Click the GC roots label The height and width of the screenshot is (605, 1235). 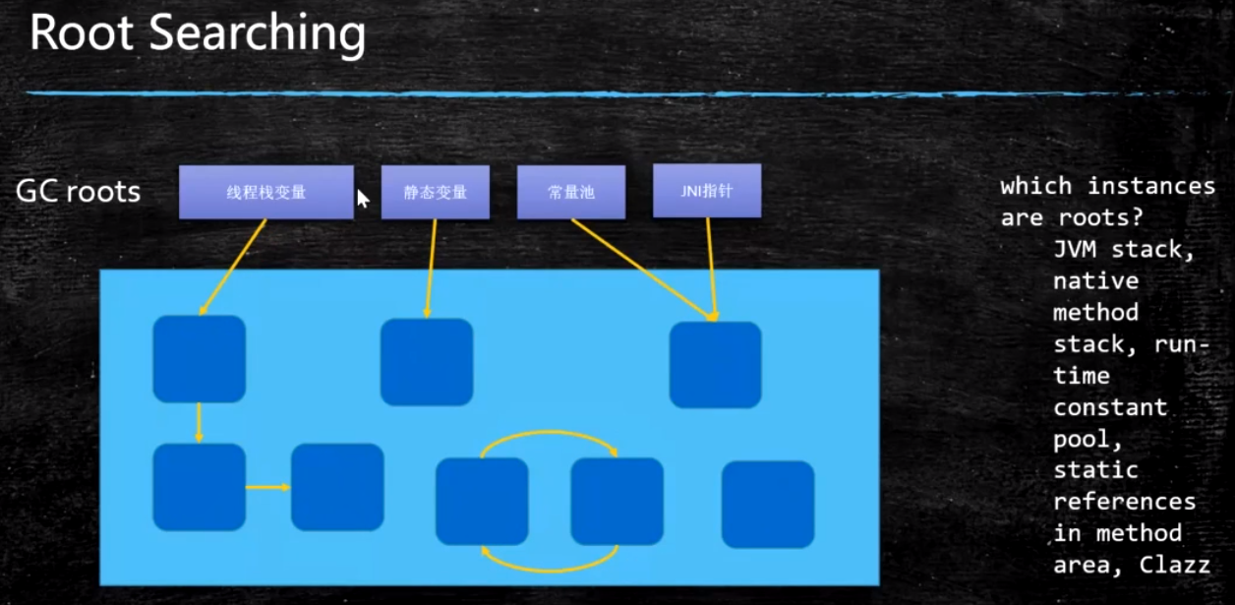pyautogui.click(x=78, y=191)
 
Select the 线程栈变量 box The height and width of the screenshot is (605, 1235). pyautogui.click(x=265, y=192)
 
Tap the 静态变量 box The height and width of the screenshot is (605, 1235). pyautogui.click(x=436, y=192)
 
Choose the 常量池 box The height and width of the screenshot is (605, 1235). pyautogui.click(x=570, y=192)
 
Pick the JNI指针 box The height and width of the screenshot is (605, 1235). pyautogui.click(x=706, y=191)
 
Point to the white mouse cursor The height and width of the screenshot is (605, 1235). pyautogui.click(x=362, y=199)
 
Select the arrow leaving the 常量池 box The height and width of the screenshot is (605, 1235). pyautogui.click(x=639, y=267)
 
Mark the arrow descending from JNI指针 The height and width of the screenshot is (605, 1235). pyautogui.click(x=710, y=266)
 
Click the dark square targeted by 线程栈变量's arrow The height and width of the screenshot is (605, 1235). pyautogui.click(x=199, y=359)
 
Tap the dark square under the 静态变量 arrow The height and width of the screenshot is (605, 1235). pyautogui.click(x=426, y=362)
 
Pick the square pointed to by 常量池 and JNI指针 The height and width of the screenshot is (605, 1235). pyautogui.click(x=715, y=364)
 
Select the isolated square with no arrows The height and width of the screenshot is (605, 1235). pyautogui.click(x=767, y=504)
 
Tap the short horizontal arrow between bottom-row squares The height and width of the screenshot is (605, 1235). pyautogui.click(x=267, y=487)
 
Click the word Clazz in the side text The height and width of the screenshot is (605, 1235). pyautogui.click(x=1174, y=565)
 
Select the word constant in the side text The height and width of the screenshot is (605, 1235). pyautogui.click(x=1110, y=407)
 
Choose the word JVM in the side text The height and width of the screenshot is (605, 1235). pyautogui.click(x=1075, y=250)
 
